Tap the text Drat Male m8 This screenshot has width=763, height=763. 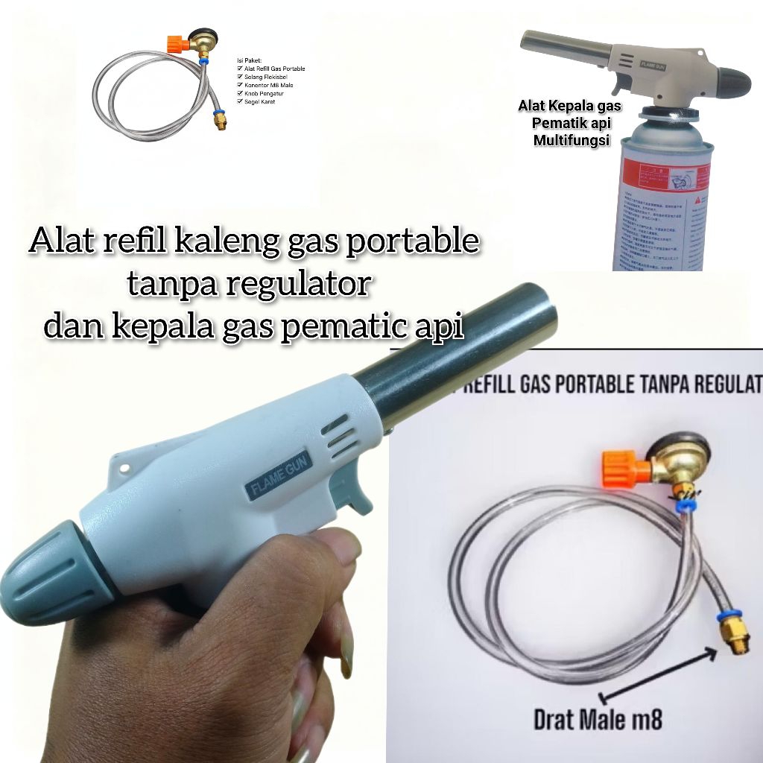pos(598,721)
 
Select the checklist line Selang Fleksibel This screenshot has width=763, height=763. pos(266,77)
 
